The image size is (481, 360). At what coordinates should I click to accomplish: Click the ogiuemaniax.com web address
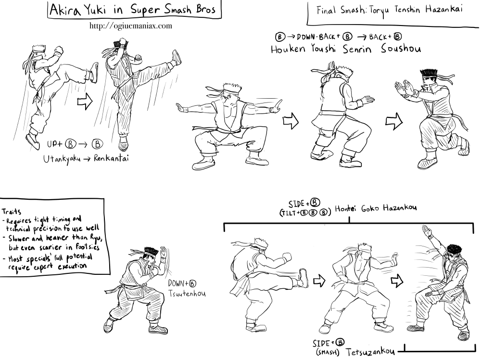pyautogui.click(x=131, y=26)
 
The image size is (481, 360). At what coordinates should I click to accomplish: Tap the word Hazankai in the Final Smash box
pyautogui.click(x=443, y=9)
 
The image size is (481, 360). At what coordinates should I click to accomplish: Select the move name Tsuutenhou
pyautogui.click(x=187, y=294)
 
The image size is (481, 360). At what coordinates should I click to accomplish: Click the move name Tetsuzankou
pyautogui.click(x=370, y=351)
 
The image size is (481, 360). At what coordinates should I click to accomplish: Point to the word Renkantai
pyautogui.click(x=111, y=158)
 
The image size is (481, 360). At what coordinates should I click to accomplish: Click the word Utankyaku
pyautogui.click(x=62, y=159)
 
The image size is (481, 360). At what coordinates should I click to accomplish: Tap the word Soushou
pyautogui.click(x=401, y=49)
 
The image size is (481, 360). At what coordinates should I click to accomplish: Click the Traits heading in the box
pyautogui.click(x=12, y=211)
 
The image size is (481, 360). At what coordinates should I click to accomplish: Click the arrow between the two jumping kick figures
pyautogui.click(x=85, y=101)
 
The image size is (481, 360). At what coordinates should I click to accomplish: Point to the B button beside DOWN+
pyautogui.click(x=192, y=284)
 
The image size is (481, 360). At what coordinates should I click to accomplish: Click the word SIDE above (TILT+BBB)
pyautogui.click(x=296, y=204)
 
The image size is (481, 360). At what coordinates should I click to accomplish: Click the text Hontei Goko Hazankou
pyautogui.click(x=376, y=208)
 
